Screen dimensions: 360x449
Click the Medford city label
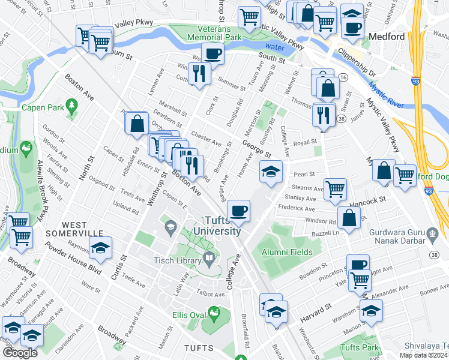click(387, 37)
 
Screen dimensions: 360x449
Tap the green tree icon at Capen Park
click(71, 107)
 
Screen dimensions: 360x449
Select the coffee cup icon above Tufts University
click(239, 211)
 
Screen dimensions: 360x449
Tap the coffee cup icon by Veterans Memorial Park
click(212, 54)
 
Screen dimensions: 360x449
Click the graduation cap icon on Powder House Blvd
click(101, 247)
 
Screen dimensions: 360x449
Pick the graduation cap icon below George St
click(271, 172)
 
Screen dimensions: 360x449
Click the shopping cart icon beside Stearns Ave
click(336, 189)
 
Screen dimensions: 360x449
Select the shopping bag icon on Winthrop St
click(137, 124)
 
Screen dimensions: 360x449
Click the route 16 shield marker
click(343, 77)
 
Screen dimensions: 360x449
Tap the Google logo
click(19, 353)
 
